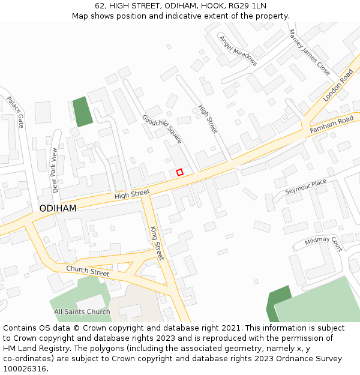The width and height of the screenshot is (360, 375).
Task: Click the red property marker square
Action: pos(179,172)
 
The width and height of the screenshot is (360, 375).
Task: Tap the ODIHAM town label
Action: pos(58,208)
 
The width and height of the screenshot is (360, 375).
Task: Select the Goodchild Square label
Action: pos(162,128)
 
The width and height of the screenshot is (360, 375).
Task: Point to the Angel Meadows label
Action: pos(238,50)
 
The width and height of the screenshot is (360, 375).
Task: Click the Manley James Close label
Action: pos(309,52)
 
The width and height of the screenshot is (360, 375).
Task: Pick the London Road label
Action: pos(338,85)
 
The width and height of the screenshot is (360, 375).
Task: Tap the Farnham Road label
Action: pos(331,125)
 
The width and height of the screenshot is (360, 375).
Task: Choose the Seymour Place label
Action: pos(305,187)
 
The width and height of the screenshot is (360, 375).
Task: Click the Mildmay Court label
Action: pos(323,242)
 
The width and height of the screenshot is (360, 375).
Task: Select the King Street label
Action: pos(157,243)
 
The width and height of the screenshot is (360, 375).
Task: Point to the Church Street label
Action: pos(88,271)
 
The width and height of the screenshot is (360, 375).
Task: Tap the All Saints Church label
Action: pos(82,311)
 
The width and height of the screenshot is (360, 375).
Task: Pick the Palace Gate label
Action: pos(16,112)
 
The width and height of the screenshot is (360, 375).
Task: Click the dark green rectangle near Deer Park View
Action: pos(83,112)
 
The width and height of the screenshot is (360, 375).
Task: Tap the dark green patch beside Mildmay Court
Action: pos(278,304)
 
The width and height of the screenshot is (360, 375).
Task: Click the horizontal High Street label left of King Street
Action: pos(132,194)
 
